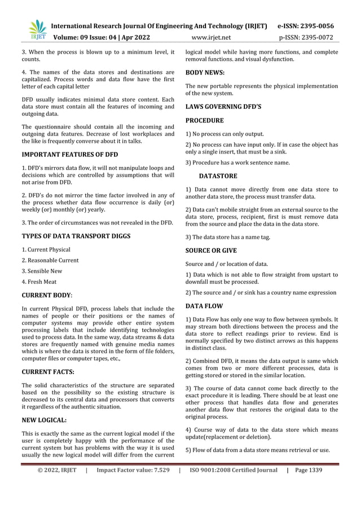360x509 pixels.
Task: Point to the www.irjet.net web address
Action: (211, 38)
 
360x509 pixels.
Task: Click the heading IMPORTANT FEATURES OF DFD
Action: (69, 154)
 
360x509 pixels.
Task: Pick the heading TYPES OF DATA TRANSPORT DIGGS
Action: (76, 236)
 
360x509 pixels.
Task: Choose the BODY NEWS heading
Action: (205, 73)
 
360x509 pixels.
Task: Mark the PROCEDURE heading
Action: (204, 120)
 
